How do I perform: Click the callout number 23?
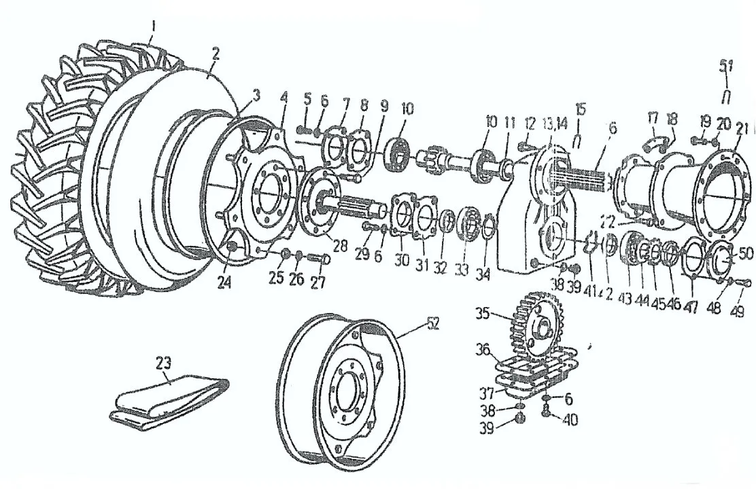[164, 362]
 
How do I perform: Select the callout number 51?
[725, 66]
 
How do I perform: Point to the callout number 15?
[579, 109]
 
